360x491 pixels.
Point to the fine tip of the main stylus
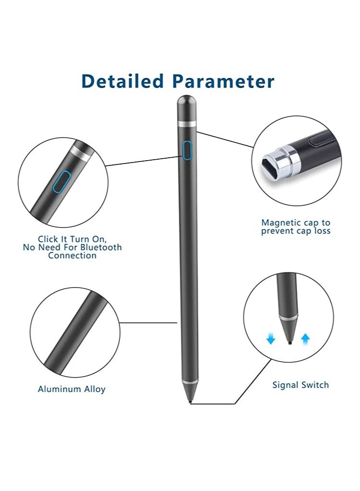191,401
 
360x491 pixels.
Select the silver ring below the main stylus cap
186,124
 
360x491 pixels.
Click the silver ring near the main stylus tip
190,382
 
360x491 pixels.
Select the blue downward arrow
271,339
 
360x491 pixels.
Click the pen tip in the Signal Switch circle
288,342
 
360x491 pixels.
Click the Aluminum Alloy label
72,389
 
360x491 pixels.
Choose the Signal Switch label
300,385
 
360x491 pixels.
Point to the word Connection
72,256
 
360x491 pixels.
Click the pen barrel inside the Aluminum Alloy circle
74,332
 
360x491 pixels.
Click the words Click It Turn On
72,239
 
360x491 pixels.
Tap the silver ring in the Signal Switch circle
287,318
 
